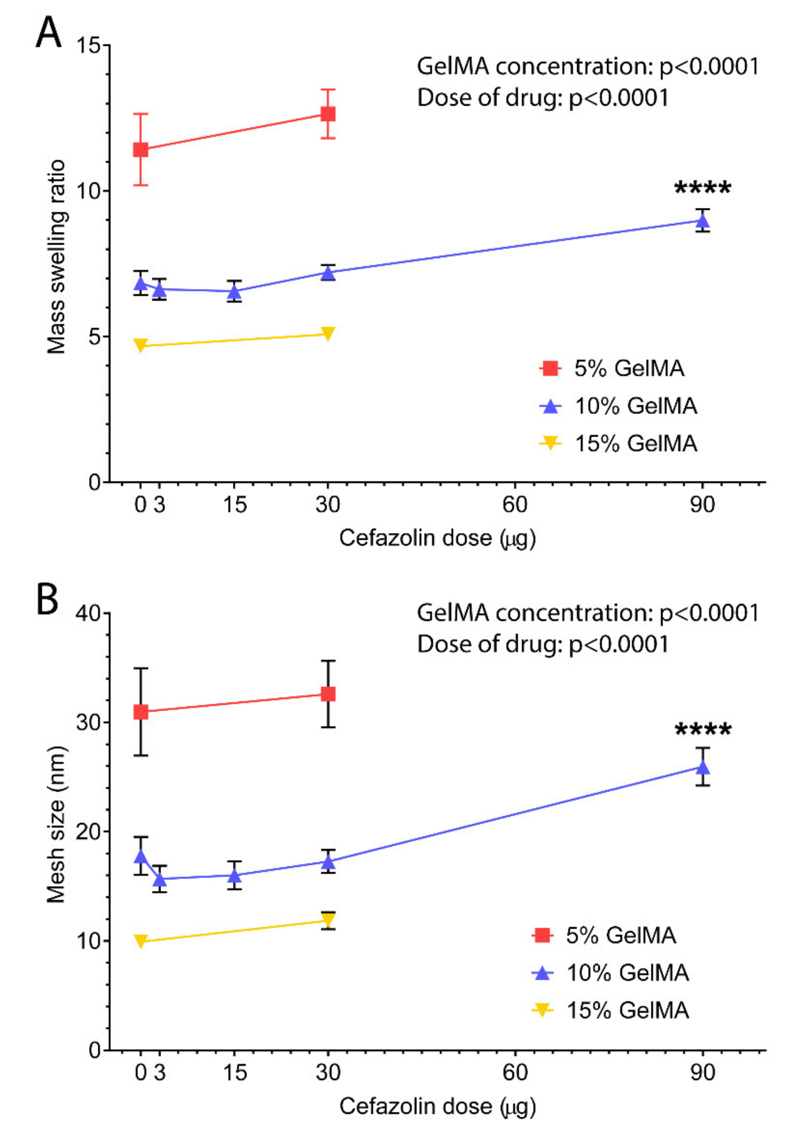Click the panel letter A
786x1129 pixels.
click(48, 33)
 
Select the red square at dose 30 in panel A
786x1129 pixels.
click(328, 114)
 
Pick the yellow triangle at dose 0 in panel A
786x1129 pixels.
click(141, 345)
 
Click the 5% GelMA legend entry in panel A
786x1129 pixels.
click(612, 368)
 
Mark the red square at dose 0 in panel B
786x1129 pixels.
click(141, 712)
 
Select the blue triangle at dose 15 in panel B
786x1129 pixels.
click(234, 876)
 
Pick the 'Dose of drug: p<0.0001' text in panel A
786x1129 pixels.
click(543, 98)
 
